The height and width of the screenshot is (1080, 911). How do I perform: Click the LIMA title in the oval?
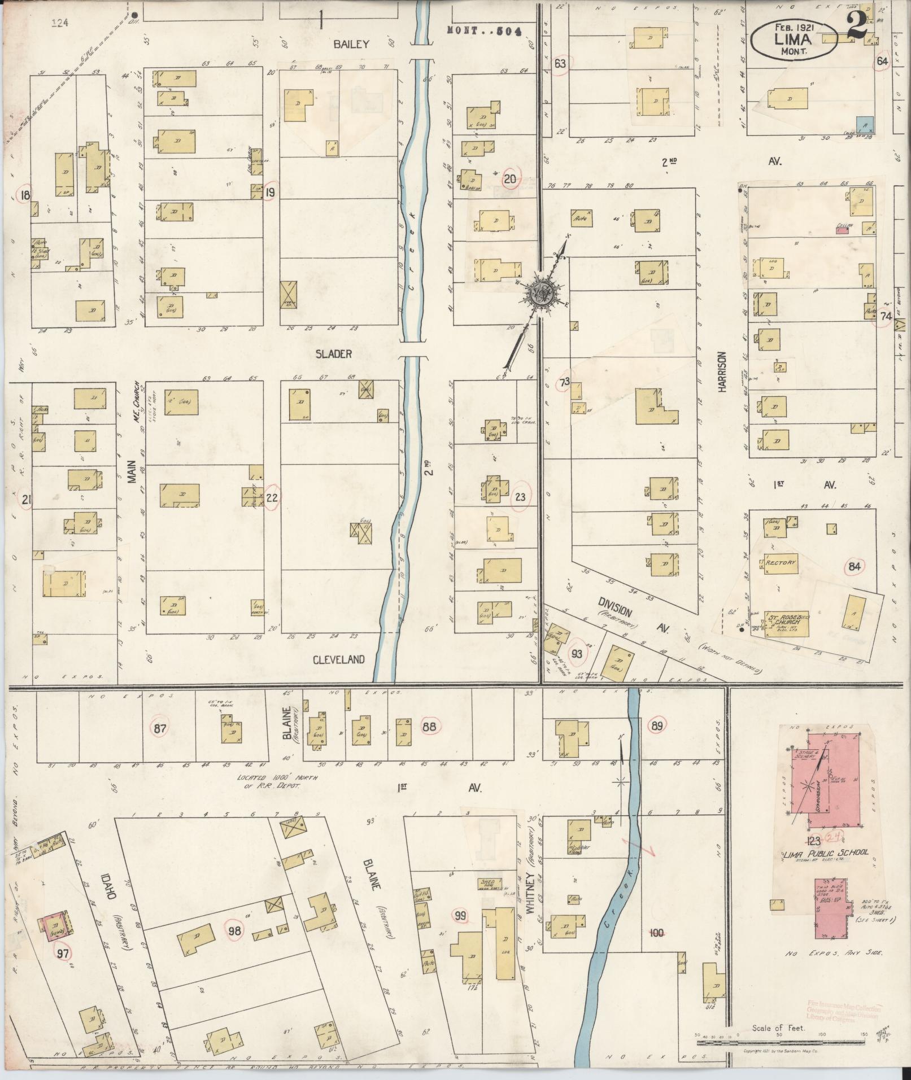tap(794, 39)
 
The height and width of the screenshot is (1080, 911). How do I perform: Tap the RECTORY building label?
tap(781, 563)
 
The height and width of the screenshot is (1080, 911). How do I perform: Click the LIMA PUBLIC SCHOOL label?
tap(826, 868)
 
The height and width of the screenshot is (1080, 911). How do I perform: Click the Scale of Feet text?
tap(778, 1028)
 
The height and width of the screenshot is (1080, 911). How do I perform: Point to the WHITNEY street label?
tap(531, 903)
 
